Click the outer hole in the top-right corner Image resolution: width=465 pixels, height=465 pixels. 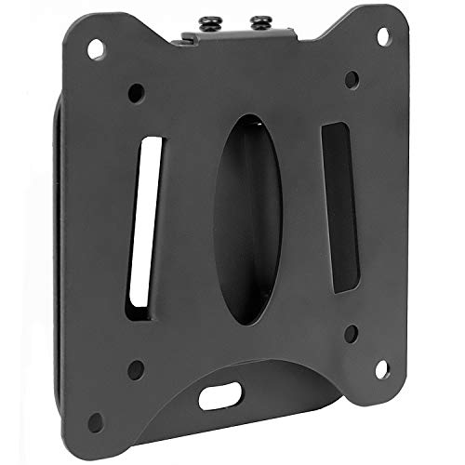click(381, 34)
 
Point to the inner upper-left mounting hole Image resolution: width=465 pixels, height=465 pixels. click(137, 93)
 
